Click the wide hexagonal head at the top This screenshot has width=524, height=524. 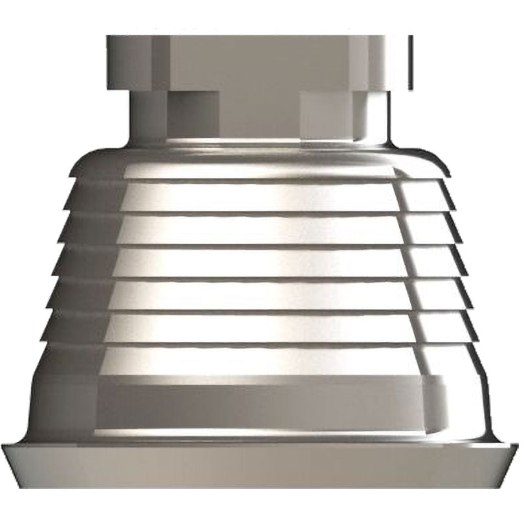coord(259,61)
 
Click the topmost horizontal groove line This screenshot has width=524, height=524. coord(259,179)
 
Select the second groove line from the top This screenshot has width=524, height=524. coord(259,212)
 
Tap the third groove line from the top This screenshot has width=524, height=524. coord(259,245)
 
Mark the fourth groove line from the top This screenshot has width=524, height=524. coord(259,278)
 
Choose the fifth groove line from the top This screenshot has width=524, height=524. coord(259,311)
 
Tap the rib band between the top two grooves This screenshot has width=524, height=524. coord(259,196)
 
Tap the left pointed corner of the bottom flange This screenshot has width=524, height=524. coord(3,446)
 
